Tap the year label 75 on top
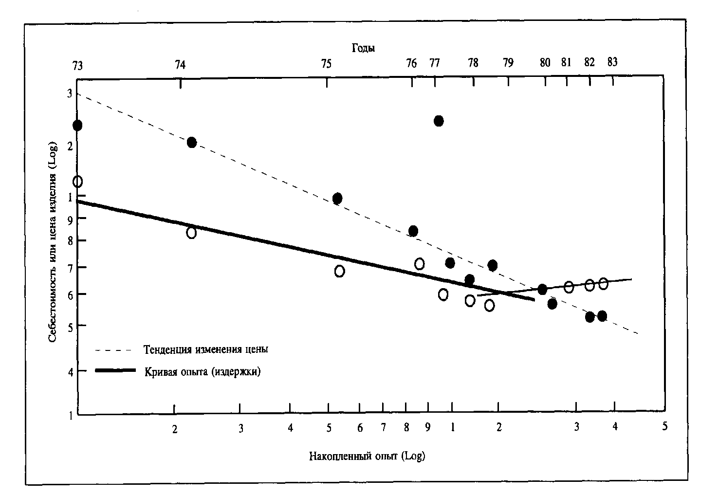(x=326, y=63)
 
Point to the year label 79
(x=508, y=63)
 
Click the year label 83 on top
(x=612, y=62)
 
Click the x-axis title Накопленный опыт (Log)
(x=367, y=457)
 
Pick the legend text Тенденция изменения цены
(x=206, y=349)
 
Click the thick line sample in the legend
(x=115, y=371)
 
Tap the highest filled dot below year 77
(x=439, y=121)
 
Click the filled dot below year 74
(x=191, y=142)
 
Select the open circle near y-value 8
(x=191, y=233)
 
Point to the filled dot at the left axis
(x=77, y=125)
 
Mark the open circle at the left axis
(x=77, y=182)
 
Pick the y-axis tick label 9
(x=69, y=220)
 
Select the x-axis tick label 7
(x=383, y=428)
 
